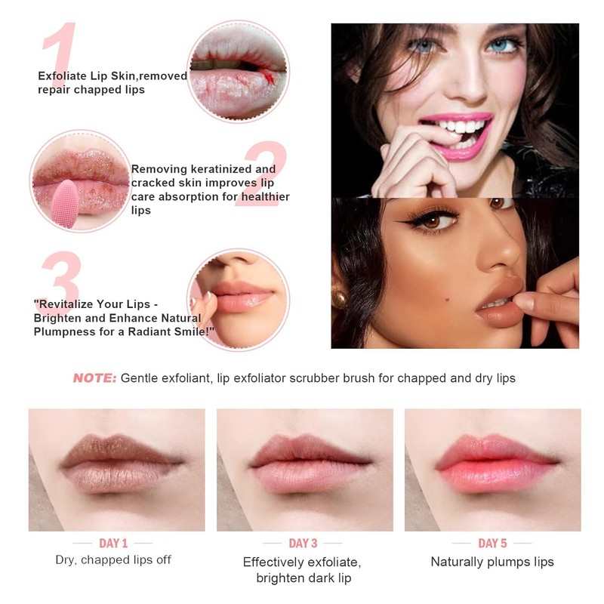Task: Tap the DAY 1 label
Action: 113,543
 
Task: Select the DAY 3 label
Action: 303,543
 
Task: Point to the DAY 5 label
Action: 492,543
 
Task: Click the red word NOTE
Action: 94,378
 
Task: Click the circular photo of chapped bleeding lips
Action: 237,71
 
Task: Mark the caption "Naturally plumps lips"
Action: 492,562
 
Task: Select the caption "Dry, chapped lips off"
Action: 113,560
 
